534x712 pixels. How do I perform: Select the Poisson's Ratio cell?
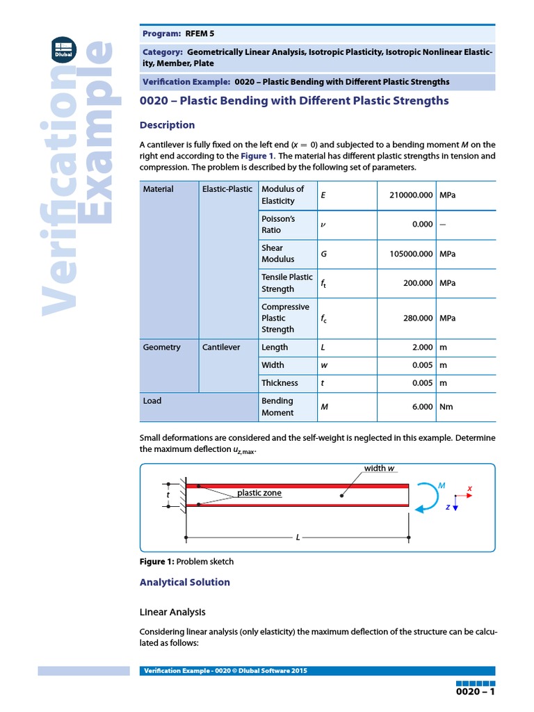[x=278, y=224]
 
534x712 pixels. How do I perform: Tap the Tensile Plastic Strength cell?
[x=286, y=283]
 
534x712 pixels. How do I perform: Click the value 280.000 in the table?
[x=418, y=318]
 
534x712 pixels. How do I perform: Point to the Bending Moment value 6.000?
[x=422, y=407]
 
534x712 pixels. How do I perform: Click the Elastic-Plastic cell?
[x=227, y=189]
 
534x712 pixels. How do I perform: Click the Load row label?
[x=152, y=401]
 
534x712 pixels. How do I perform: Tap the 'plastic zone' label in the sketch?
[x=259, y=493]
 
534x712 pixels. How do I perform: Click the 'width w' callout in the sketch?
[x=379, y=469]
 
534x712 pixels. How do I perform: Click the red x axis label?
[x=469, y=489]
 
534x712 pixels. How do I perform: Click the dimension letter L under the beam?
[x=298, y=537]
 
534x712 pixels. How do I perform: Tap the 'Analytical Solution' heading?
[x=184, y=583]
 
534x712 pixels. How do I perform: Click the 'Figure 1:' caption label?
[x=157, y=561]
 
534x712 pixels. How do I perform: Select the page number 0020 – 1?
[x=476, y=693]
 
